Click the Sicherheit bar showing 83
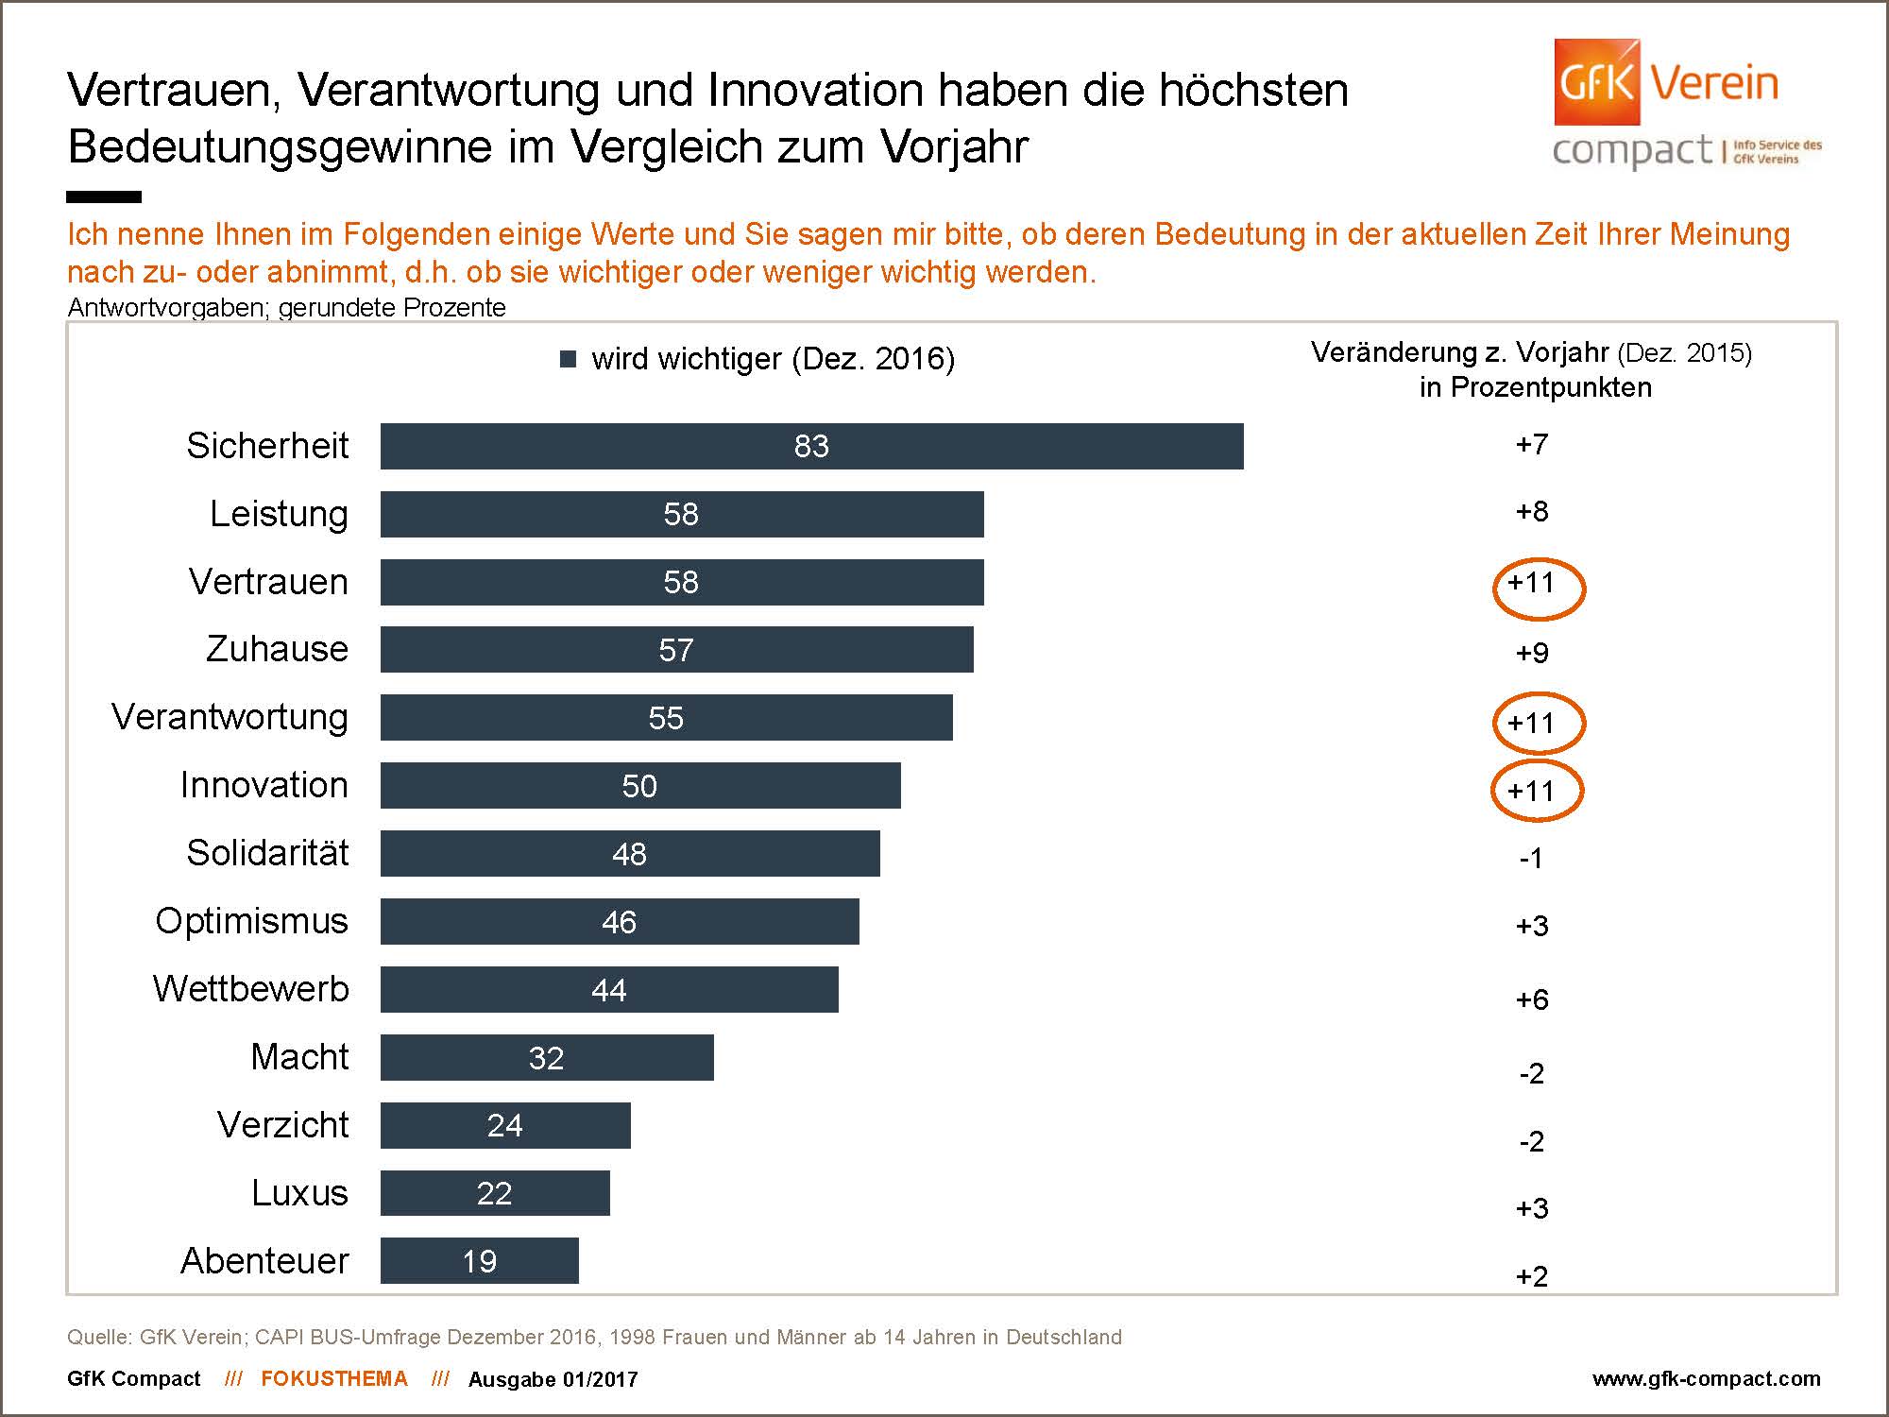pos(811,446)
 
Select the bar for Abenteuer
pos(479,1260)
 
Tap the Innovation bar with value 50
pos(639,785)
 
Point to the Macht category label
pos(299,1056)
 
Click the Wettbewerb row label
pos(251,988)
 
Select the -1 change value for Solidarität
pos(1531,858)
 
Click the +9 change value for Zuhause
pos(1532,653)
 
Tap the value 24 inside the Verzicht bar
pos(504,1125)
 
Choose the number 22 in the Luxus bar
pos(494,1193)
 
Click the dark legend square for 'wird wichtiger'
pos(569,359)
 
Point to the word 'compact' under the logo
pos(1631,151)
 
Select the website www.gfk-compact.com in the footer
pos(1706,1378)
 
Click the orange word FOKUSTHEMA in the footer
pos(334,1378)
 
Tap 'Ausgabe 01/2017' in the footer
pos(553,1379)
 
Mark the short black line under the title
pos(104,196)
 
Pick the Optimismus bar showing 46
pos(619,921)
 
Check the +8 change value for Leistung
pos(1532,512)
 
